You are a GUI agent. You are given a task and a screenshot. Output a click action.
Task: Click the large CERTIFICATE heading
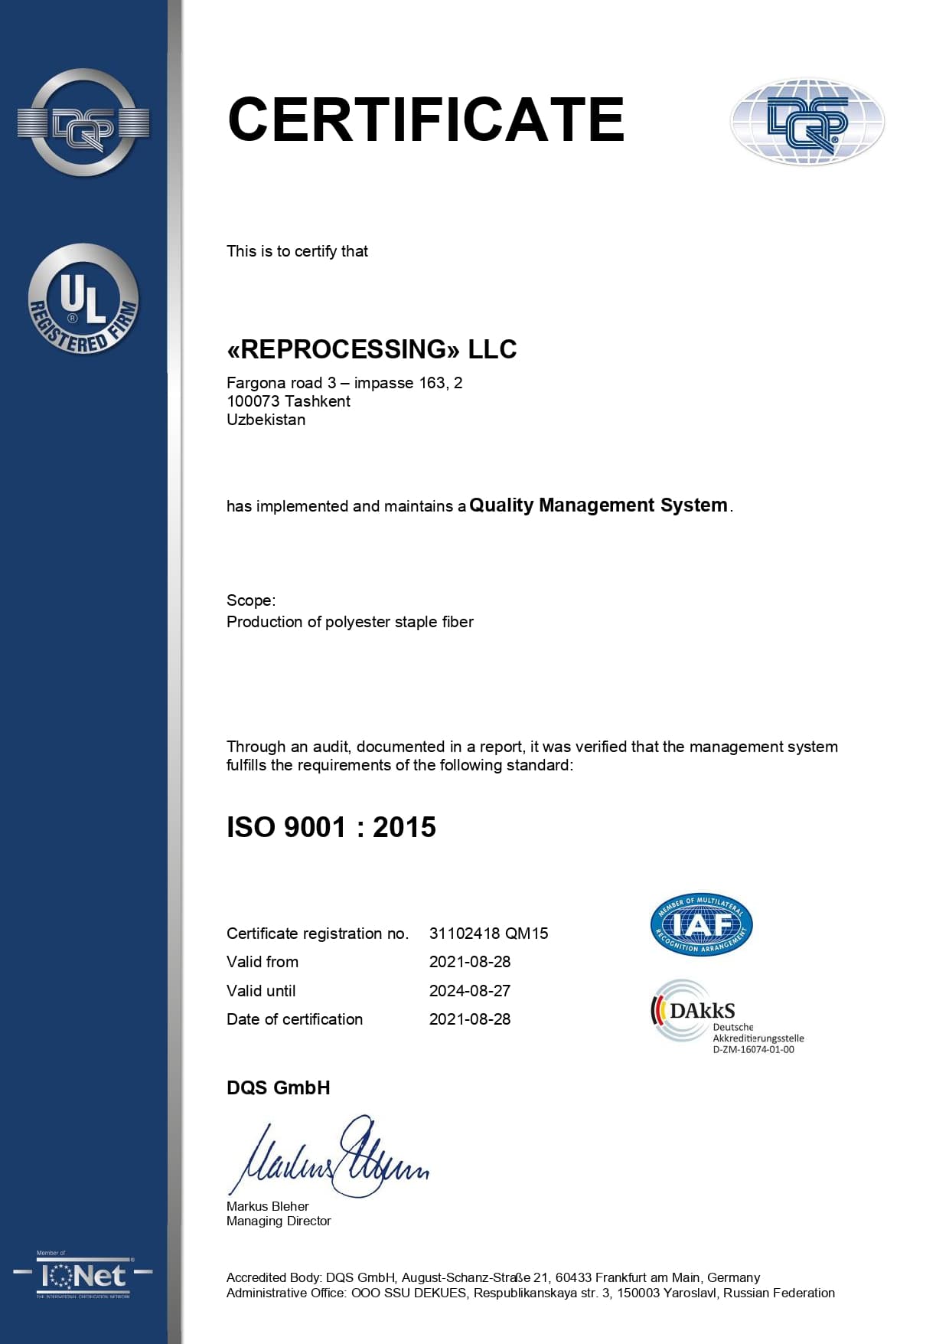(426, 119)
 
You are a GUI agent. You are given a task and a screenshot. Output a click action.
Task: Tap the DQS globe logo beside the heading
(807, 122)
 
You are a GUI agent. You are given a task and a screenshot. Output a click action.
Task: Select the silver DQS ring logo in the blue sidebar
(83, 123)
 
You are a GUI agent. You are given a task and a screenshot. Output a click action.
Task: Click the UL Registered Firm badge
(83, 299)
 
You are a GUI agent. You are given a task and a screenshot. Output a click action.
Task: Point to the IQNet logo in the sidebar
(83, 1276)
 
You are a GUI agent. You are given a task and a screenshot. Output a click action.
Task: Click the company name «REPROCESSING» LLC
(371, 349)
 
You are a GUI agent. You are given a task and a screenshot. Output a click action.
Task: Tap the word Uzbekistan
(266, 420)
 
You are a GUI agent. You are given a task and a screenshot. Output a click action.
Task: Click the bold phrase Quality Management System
(598, 505)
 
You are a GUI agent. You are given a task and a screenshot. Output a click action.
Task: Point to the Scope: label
(251, 600)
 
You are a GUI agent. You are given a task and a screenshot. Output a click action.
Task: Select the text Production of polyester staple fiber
(350, 622)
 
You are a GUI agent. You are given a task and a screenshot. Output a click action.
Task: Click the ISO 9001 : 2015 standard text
(331, 827)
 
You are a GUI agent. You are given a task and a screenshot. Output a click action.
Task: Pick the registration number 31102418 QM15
(488, 934)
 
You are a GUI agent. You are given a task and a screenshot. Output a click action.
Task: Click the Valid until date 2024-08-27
(469, 991)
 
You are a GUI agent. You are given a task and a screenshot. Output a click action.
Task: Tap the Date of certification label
(295, 1019)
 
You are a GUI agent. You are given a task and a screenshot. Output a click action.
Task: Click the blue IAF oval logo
(701, 924)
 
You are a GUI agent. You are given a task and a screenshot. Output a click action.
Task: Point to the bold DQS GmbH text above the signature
(278, 1087)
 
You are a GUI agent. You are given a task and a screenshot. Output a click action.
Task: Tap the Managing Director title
(279, 1221)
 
